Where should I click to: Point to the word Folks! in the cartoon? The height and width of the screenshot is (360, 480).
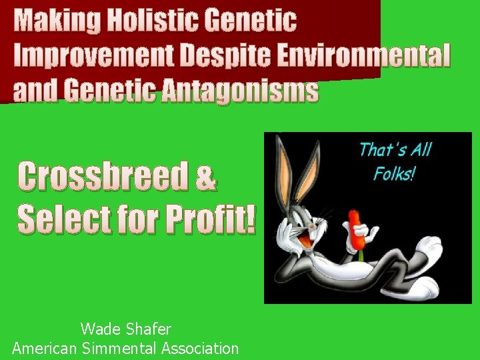[x=394, y=173]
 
